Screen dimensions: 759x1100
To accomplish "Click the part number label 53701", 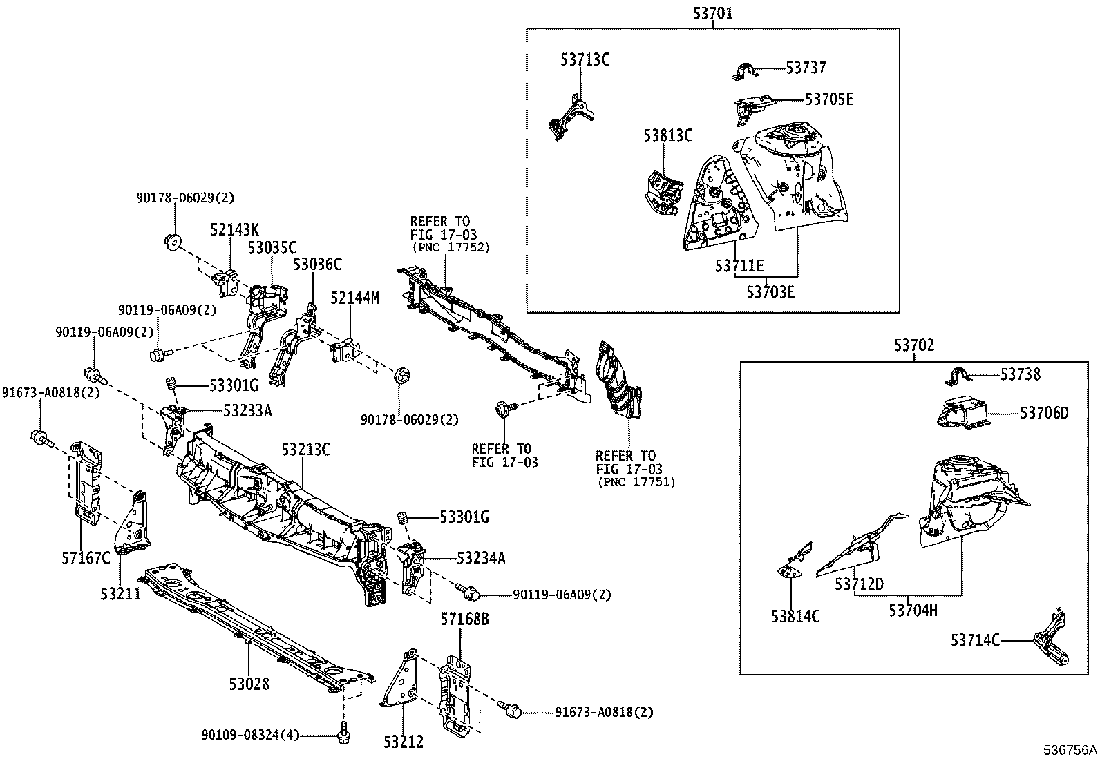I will (x=712, y=12).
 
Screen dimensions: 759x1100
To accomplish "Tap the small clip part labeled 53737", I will (x=745, y=70).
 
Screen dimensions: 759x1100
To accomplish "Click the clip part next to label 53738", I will (x=957, y=377).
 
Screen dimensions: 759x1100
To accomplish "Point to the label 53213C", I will (x=305, y=450).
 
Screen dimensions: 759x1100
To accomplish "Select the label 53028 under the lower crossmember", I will (x=249, y=684).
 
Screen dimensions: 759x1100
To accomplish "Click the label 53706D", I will (x=1044, y=413).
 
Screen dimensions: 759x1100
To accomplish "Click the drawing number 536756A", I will (x=1070, y=749).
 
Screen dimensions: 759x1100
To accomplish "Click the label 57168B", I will (x=464, y=619).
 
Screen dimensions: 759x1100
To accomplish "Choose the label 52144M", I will (x=354, y=298).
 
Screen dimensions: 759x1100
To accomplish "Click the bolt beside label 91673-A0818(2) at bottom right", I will (x=512, y=711).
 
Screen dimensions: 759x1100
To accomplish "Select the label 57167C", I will (x=85, y=557).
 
